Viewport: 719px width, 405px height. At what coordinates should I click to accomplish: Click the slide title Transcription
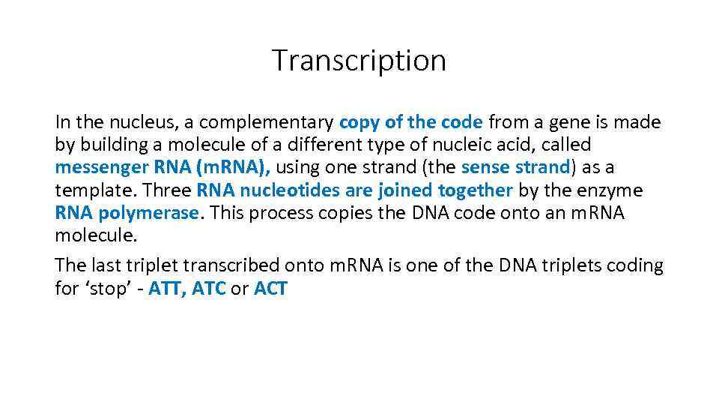359,60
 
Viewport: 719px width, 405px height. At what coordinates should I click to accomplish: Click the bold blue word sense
485,167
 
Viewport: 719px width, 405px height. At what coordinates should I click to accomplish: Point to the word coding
633,265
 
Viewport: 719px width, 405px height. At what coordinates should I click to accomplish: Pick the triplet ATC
209,288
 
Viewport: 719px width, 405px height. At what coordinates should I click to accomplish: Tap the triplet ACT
270,288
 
